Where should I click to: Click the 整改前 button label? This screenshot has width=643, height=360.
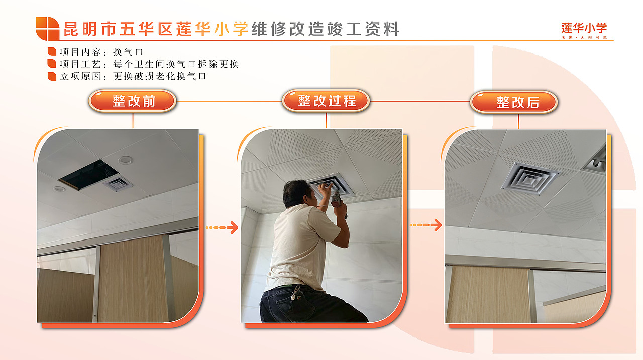(x=133, y=101)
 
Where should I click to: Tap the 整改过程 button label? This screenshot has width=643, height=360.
(x=326, y=101)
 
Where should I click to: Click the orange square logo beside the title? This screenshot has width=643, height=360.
(x=47, y=28)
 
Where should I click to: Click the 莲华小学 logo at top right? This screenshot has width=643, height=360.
(x=584, y=29)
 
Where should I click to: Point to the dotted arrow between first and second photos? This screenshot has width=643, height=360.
(x=222, y=228)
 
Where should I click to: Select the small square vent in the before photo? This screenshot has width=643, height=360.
(x=118, y=184)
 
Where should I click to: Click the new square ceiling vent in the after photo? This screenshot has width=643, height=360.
(x=530, y=177)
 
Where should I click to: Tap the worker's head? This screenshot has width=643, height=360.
(x=299, y=194)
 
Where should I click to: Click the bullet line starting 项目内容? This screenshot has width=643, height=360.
(x=95, y=52)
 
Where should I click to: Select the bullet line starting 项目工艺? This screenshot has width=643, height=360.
(x=143, y=64)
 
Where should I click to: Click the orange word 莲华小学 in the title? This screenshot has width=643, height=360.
(x=212, y=29)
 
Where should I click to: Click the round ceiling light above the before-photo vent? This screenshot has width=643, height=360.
(x=125, y=160)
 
